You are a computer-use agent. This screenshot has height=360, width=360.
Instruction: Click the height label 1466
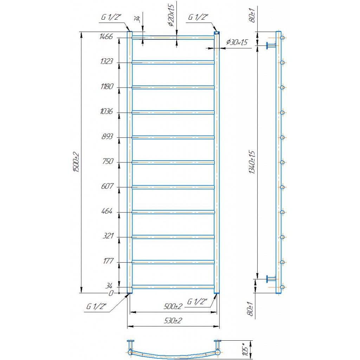(106, 37)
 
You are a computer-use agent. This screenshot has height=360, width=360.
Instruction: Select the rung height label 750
(108, 161)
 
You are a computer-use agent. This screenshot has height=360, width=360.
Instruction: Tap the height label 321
(108, 236)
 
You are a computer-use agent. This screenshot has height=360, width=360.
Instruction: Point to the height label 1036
(107, 111)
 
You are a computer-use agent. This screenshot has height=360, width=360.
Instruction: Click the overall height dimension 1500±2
(76, 162)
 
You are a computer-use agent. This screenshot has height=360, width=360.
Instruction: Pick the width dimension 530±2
(173, 321)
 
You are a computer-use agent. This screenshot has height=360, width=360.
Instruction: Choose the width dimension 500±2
(173, 306)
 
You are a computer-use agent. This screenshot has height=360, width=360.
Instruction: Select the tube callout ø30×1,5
(237, 42)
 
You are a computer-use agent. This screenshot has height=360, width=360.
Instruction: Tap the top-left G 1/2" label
(111, 17)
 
